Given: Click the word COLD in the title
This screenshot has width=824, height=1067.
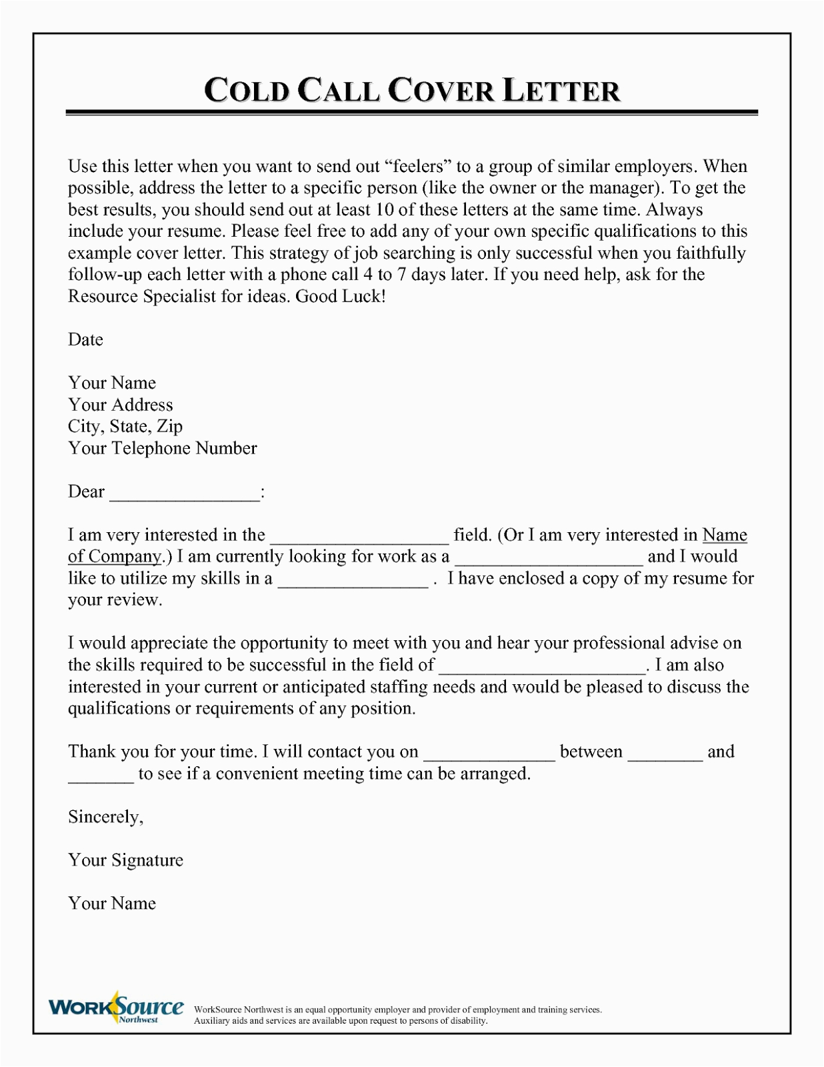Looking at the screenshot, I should (247, 91).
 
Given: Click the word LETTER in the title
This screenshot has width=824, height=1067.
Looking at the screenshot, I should (561, 91).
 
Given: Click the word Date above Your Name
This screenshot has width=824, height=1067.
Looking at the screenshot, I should (85, 339).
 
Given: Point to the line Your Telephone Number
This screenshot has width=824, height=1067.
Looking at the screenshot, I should (162, 448).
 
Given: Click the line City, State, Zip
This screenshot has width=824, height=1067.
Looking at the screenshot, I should (125, 426).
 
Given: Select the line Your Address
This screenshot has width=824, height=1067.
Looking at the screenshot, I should (120, 405).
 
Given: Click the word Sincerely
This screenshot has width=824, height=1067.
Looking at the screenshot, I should (105, 817).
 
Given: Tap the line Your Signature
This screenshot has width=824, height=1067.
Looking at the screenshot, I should (125, 860).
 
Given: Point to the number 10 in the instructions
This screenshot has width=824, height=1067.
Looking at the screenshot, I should (385, 209).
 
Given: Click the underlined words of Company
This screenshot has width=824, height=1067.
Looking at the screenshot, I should (115, 556).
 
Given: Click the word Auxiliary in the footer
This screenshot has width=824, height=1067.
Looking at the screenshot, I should (211, 1021).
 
